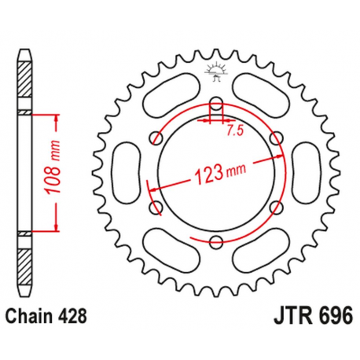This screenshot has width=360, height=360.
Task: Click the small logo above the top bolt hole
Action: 215,70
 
